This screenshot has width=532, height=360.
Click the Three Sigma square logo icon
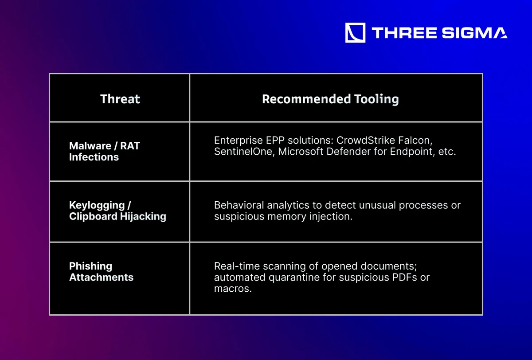(x=355, y=32)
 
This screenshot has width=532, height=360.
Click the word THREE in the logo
(x=404, y=33)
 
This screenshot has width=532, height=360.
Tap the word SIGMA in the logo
(x=474, y=33)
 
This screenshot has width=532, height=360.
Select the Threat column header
(x=120, y=99)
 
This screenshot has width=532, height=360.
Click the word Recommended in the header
(x=306, y=99)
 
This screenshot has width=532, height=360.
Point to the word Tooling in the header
(x=376, y=99)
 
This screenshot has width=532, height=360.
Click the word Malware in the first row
(x=90, y=145)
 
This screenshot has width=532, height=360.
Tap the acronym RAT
(x=130, y=145)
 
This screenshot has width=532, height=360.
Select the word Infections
(x=94, y=157)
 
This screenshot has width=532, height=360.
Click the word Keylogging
(x=97, y=205)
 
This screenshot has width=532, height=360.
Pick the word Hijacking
(x=143, y=216)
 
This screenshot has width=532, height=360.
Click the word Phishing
(x=90, y=266)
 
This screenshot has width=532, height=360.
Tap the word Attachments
(x=101, y=277)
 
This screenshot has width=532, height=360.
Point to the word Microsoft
(x=301, y=152)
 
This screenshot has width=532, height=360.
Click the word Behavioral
(x=239, y=205)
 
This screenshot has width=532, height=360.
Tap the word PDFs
(x=404, y=277)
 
